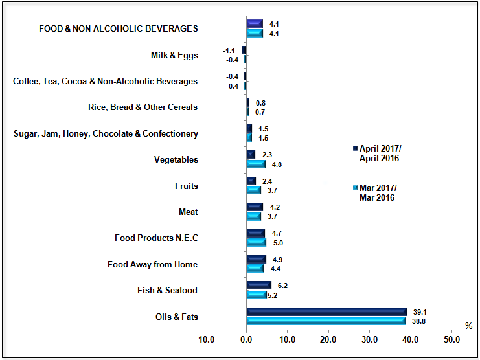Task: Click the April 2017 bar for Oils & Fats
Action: coord(326,311)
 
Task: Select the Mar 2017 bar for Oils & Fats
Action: coord(326,321)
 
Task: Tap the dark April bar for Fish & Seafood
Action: coord(258,286)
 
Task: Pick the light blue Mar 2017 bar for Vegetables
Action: coord(256,164)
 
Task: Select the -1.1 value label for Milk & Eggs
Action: coord(228,50)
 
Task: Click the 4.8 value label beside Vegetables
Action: coord(277,164)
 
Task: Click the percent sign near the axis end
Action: coord(468,325)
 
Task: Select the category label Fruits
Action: coord(187,186)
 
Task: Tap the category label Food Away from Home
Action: coord(152,264)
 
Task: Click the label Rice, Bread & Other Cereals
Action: coord(143,107)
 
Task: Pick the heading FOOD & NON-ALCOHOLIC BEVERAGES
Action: coord(119,28)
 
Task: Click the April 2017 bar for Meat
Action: coord(255,207)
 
